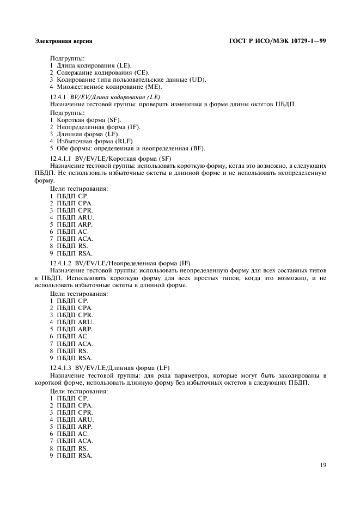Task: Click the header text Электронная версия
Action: [63, 41]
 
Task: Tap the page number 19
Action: [322, 465]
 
